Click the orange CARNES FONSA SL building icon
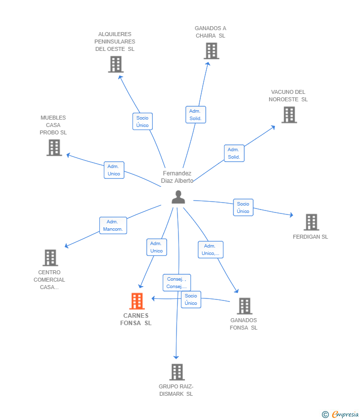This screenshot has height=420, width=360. [137, 301]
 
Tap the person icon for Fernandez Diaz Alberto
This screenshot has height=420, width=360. [178, 197]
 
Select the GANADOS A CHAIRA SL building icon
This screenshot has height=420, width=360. [211, 51]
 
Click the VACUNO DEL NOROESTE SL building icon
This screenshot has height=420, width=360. [289, 115]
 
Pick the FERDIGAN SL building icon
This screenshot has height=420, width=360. [312, 222]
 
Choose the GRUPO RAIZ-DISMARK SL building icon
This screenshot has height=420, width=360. [177, 372]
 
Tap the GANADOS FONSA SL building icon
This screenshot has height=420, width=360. [244, 306]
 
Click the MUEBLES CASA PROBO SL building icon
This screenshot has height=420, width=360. [54, 148]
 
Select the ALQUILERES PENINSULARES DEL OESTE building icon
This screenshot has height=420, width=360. [116, 64]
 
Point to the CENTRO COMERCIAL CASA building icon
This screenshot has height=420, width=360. [50, 257]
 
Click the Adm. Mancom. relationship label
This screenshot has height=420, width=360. [113, 225]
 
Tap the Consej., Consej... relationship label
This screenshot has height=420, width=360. [177, 283]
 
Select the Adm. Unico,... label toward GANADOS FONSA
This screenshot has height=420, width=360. [211, 250]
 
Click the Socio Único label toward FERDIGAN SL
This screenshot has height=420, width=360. [243, 208]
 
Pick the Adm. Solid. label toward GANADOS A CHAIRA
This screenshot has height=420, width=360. [196, 115]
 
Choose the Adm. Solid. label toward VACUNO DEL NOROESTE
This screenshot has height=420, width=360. [234, 153]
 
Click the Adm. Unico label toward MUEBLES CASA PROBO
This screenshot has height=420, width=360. [114, 170]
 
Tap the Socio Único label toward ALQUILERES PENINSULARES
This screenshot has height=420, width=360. [142, 122]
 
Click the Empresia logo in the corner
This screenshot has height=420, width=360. [340, 415]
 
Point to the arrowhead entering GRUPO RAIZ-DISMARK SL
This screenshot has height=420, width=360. [176, 357]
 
